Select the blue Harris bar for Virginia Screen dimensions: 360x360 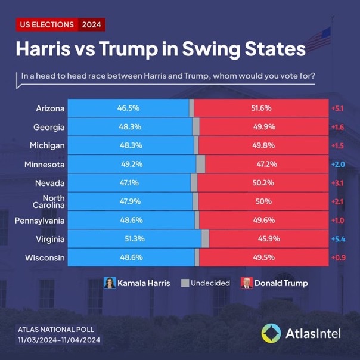[134, 239]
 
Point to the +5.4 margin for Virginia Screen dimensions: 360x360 [338, 239]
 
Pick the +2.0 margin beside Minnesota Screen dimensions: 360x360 [338, 164]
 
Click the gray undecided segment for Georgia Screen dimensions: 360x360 [195, 127]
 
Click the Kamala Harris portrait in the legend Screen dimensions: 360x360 [110, 283]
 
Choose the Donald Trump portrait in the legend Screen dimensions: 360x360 [246, 283]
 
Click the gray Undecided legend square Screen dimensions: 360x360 [185, 283]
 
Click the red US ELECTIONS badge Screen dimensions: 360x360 [47, 24]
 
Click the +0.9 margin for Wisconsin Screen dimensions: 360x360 [338, 257]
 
